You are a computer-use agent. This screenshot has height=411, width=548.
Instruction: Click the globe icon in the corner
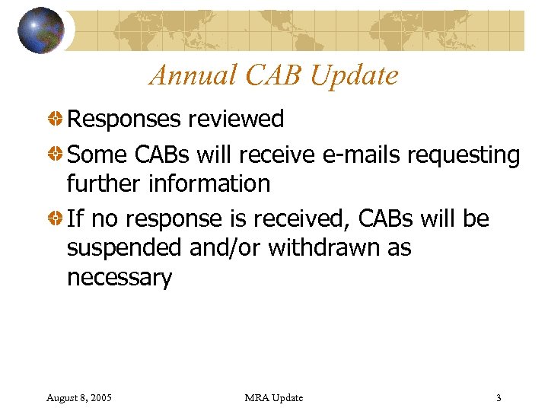41,30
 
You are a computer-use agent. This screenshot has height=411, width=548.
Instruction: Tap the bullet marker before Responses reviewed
56,119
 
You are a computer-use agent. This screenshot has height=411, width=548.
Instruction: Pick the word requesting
464,155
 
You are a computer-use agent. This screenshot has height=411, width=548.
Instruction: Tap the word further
98,183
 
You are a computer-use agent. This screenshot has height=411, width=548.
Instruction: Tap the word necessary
119,278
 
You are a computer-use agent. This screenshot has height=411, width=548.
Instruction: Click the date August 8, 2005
79,397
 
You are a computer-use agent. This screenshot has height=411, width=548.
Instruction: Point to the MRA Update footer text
273,397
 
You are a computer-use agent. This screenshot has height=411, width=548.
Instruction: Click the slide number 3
498,397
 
